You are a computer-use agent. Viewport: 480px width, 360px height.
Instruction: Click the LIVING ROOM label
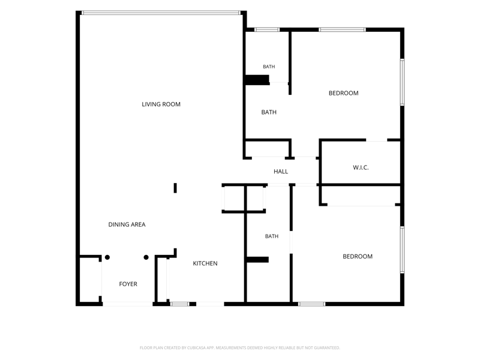(161, 104)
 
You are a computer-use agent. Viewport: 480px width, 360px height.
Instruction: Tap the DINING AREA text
(127, 224)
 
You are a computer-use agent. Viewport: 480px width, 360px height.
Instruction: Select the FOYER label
(128, 284)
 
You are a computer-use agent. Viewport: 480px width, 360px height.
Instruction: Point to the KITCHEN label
(205, 263)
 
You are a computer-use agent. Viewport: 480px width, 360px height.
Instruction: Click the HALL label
(281, 172)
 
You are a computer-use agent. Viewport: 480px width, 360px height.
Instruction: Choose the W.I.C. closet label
(361, 167)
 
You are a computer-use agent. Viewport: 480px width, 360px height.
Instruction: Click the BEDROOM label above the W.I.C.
(343, 93)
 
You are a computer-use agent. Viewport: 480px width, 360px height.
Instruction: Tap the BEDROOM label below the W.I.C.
(358, 257)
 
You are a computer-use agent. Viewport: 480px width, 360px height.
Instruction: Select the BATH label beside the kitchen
(272, 236)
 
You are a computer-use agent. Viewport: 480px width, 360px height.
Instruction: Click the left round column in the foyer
(107, 257)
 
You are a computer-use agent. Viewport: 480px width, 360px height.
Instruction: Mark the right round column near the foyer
(146, 257)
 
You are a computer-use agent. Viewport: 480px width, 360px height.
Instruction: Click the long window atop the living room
(161, 13)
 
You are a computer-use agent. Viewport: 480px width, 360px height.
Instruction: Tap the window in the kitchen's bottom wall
(179, 304)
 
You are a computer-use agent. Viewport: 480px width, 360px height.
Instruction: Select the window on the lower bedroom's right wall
(402, 250)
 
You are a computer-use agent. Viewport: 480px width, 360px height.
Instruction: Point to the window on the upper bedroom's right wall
(402, 82)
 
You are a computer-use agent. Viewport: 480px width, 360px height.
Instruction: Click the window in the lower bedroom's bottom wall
(311, 304)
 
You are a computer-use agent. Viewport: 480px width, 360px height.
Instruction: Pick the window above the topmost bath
(267, 29)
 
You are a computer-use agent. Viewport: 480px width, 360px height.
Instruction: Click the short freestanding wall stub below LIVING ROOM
(175, 188)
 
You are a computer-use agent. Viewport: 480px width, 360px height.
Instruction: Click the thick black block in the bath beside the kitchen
(257, 260)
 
